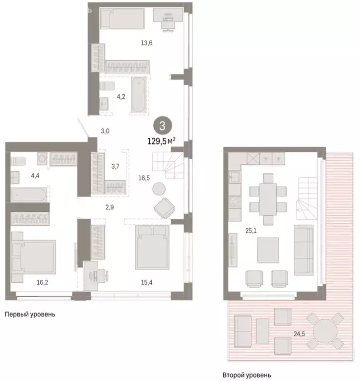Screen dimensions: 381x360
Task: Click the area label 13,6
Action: click(x=147, y=43)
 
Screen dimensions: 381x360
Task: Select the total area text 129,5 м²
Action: click(x=161, y=141)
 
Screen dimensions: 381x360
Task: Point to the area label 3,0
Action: click(x=105, y=131)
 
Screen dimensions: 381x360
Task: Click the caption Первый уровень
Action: click(x=30, y=314)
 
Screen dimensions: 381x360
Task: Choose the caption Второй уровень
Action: click(x=246, y=375)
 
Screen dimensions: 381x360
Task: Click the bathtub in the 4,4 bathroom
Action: click(x=29, y=194)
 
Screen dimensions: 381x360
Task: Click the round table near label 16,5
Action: click(x=159, y=189)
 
